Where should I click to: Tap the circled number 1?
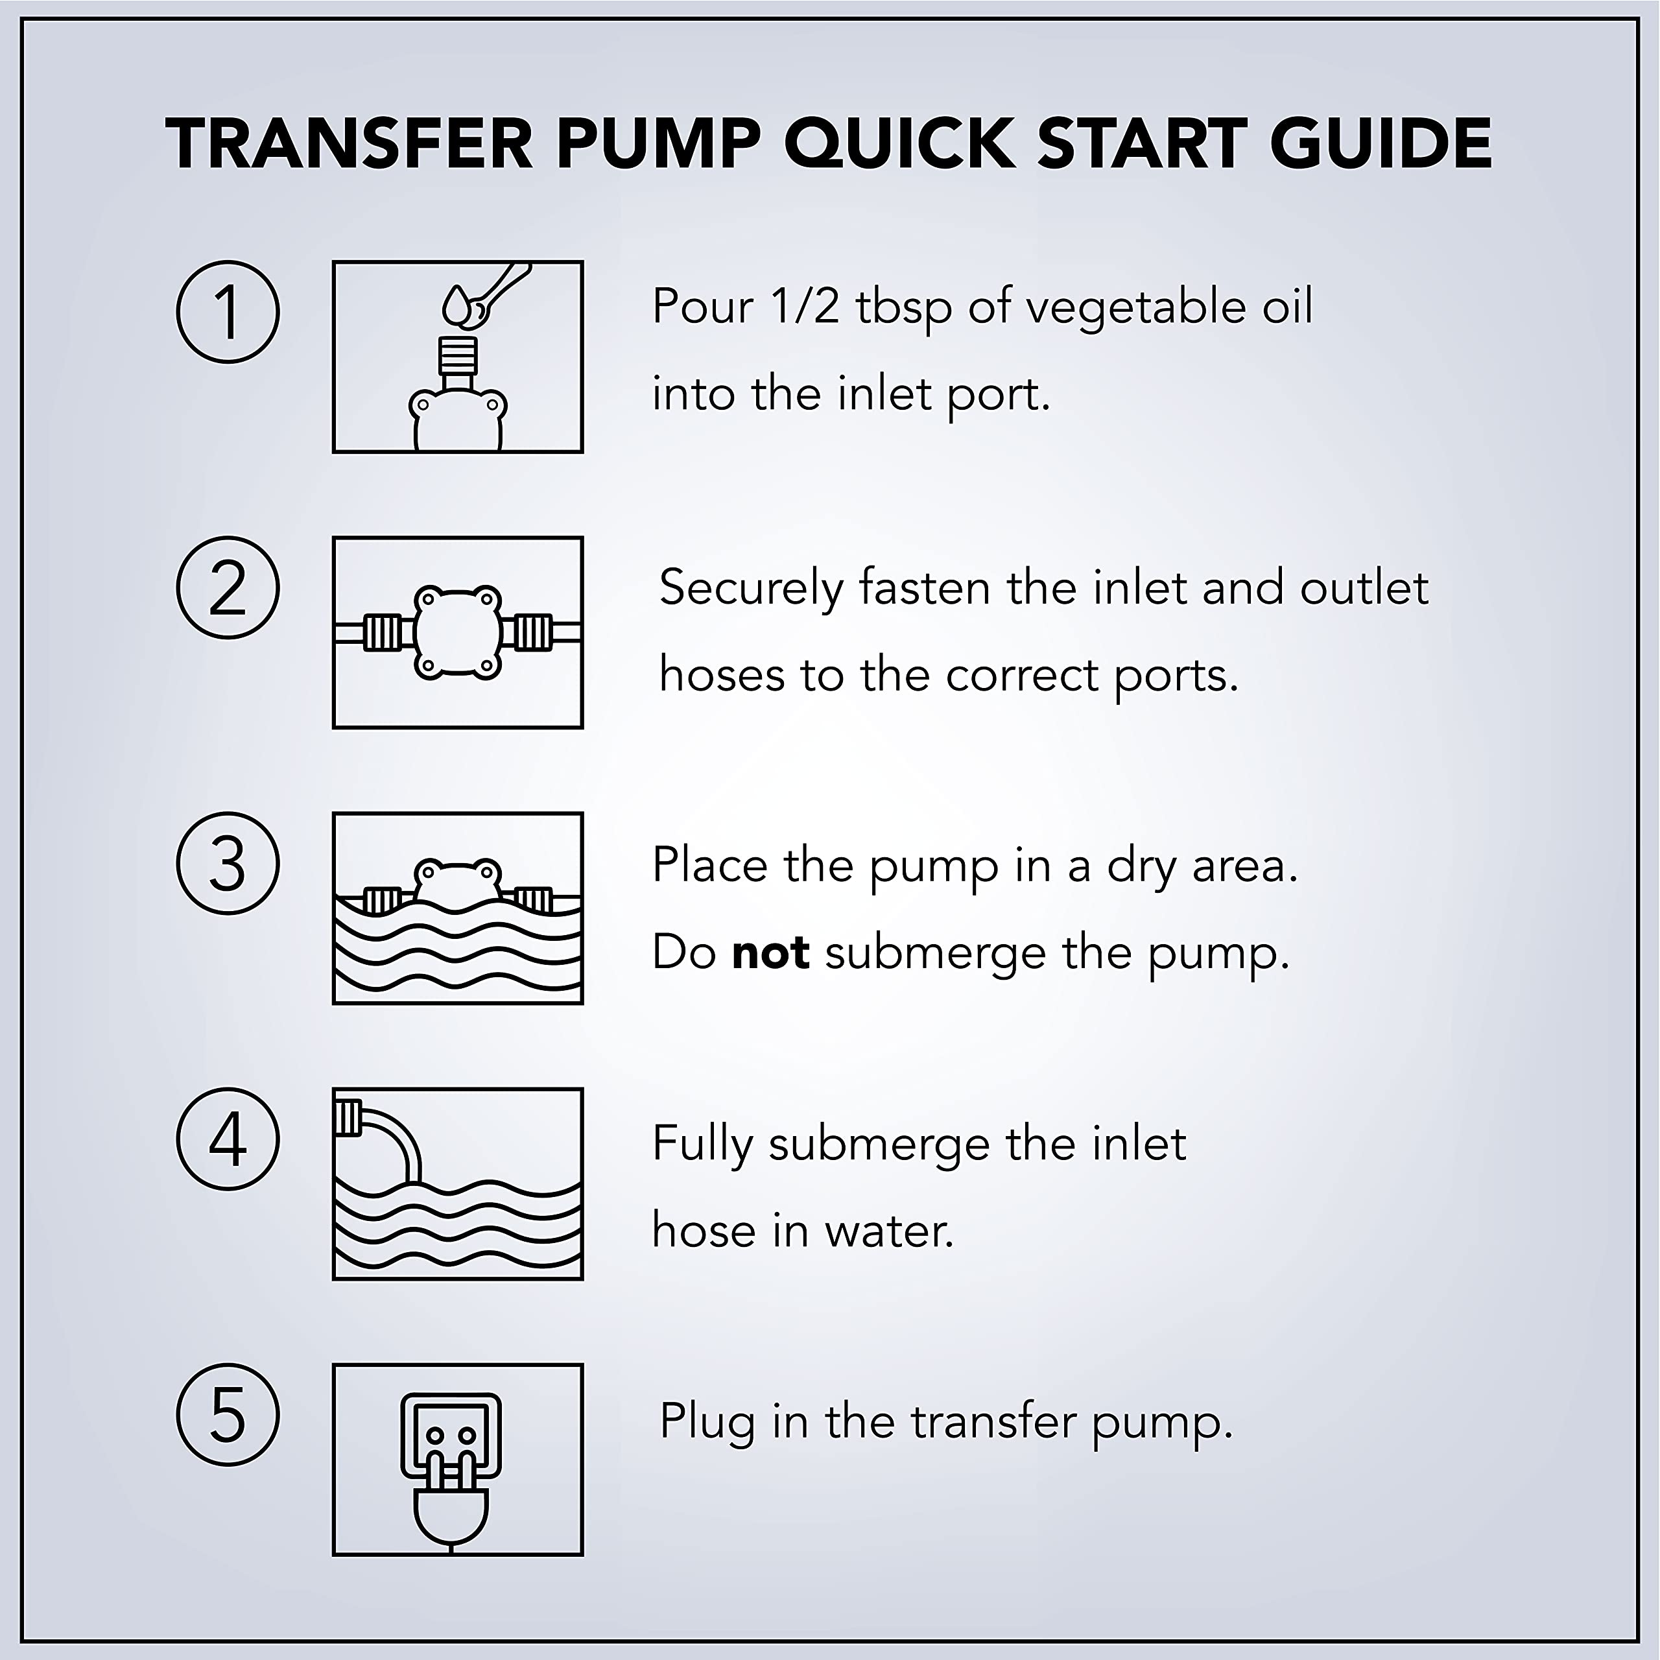pyautogui.click(x=228, y=312)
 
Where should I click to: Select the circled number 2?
pyautogui.click(x=228, y=587)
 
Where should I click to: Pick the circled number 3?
pyautogui.click(x=228, y=864)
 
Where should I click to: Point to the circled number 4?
pyautogui.click(x=228, y=1139)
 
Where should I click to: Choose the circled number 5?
pyautogui.click(x=228, y=1415)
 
